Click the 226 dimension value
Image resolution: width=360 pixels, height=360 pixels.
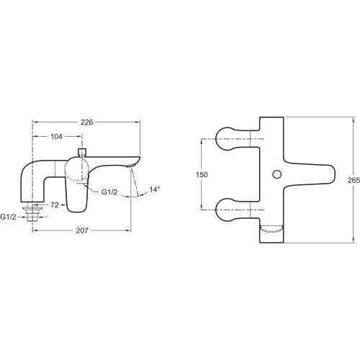pos(86,122)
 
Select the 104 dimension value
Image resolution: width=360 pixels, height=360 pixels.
pos(57,137)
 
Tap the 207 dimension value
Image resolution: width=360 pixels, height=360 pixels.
pos(82,230)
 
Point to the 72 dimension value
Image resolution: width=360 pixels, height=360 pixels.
pos(55,205)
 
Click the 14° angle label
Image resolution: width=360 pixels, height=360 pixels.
pos(155,189)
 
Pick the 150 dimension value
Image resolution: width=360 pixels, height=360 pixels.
pos(202,174)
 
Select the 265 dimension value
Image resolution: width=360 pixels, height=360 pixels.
pos(354,180)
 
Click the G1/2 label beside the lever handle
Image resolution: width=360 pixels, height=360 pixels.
pos(109,192)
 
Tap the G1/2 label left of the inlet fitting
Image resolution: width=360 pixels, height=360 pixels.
pos(8,217)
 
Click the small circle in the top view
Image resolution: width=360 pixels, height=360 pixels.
pos(277,174)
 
